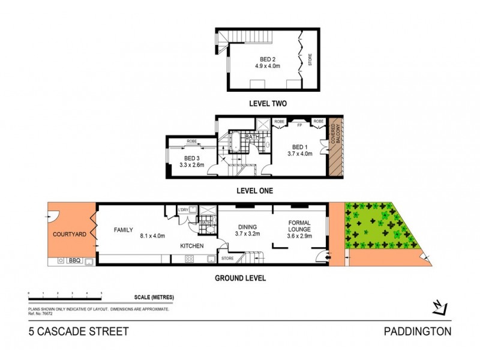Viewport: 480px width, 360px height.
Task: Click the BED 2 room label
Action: click(268, 59)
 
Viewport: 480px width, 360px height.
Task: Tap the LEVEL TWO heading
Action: click(268, 104)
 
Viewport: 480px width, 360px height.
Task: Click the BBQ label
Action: click(74, 261)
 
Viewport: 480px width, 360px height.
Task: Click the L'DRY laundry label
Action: click(184, 209)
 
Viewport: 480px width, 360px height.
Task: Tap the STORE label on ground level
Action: click(227, 259)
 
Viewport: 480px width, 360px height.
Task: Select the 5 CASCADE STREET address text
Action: click(79, 331)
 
